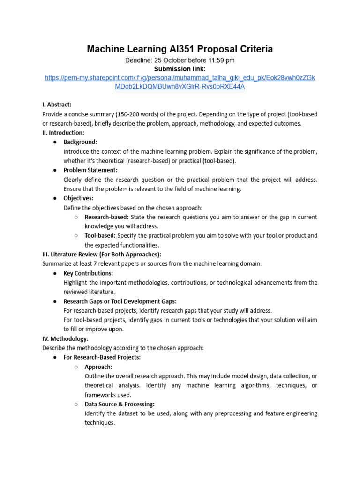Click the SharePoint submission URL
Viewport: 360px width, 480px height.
coord(180,82)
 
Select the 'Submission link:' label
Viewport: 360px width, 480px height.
coord(180,69)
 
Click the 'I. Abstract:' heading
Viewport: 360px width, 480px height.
coord(57,105)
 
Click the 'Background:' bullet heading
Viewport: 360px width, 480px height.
coord(80,142)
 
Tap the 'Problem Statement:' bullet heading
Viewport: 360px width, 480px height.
coord(90,170)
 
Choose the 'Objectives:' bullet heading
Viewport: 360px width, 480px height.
coord(78,198)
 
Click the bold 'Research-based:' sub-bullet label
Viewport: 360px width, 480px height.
coord(106,217)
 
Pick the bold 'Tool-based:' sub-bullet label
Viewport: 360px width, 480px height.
coord(100,236)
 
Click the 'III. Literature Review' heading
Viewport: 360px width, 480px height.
coord(102,255)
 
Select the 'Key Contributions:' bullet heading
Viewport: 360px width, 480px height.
coord(88,273)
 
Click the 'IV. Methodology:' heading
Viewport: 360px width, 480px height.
coord(65,338)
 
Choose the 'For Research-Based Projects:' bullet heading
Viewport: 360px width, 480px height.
coord(102,357)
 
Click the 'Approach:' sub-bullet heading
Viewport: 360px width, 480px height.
coord(98,367)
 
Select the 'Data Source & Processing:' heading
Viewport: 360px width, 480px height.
coord(120,404)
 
